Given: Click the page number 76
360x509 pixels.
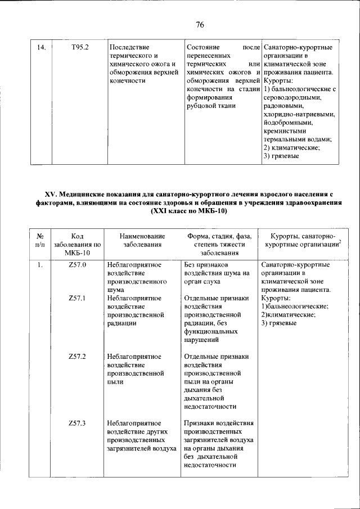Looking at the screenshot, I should coord(200,25).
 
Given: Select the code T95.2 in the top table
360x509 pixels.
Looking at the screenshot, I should coord(80,47).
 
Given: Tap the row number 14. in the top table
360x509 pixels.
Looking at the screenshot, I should coord(40,47).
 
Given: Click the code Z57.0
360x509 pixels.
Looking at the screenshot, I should coord(76,264).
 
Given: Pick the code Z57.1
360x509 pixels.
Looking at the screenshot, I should coord(76,298).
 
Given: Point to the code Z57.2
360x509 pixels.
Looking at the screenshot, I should coord(76,357).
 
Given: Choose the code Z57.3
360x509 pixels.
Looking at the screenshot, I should coord(76,423).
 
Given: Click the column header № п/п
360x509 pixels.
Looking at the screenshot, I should coord(40,240).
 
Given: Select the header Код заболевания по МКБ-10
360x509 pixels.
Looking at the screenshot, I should coord(78,245).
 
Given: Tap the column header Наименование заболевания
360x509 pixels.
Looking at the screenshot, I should coord(143,240).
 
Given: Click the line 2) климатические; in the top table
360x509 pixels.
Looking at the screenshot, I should coord(291,147).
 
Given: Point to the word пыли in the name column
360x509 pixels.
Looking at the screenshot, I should coord(113,381).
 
